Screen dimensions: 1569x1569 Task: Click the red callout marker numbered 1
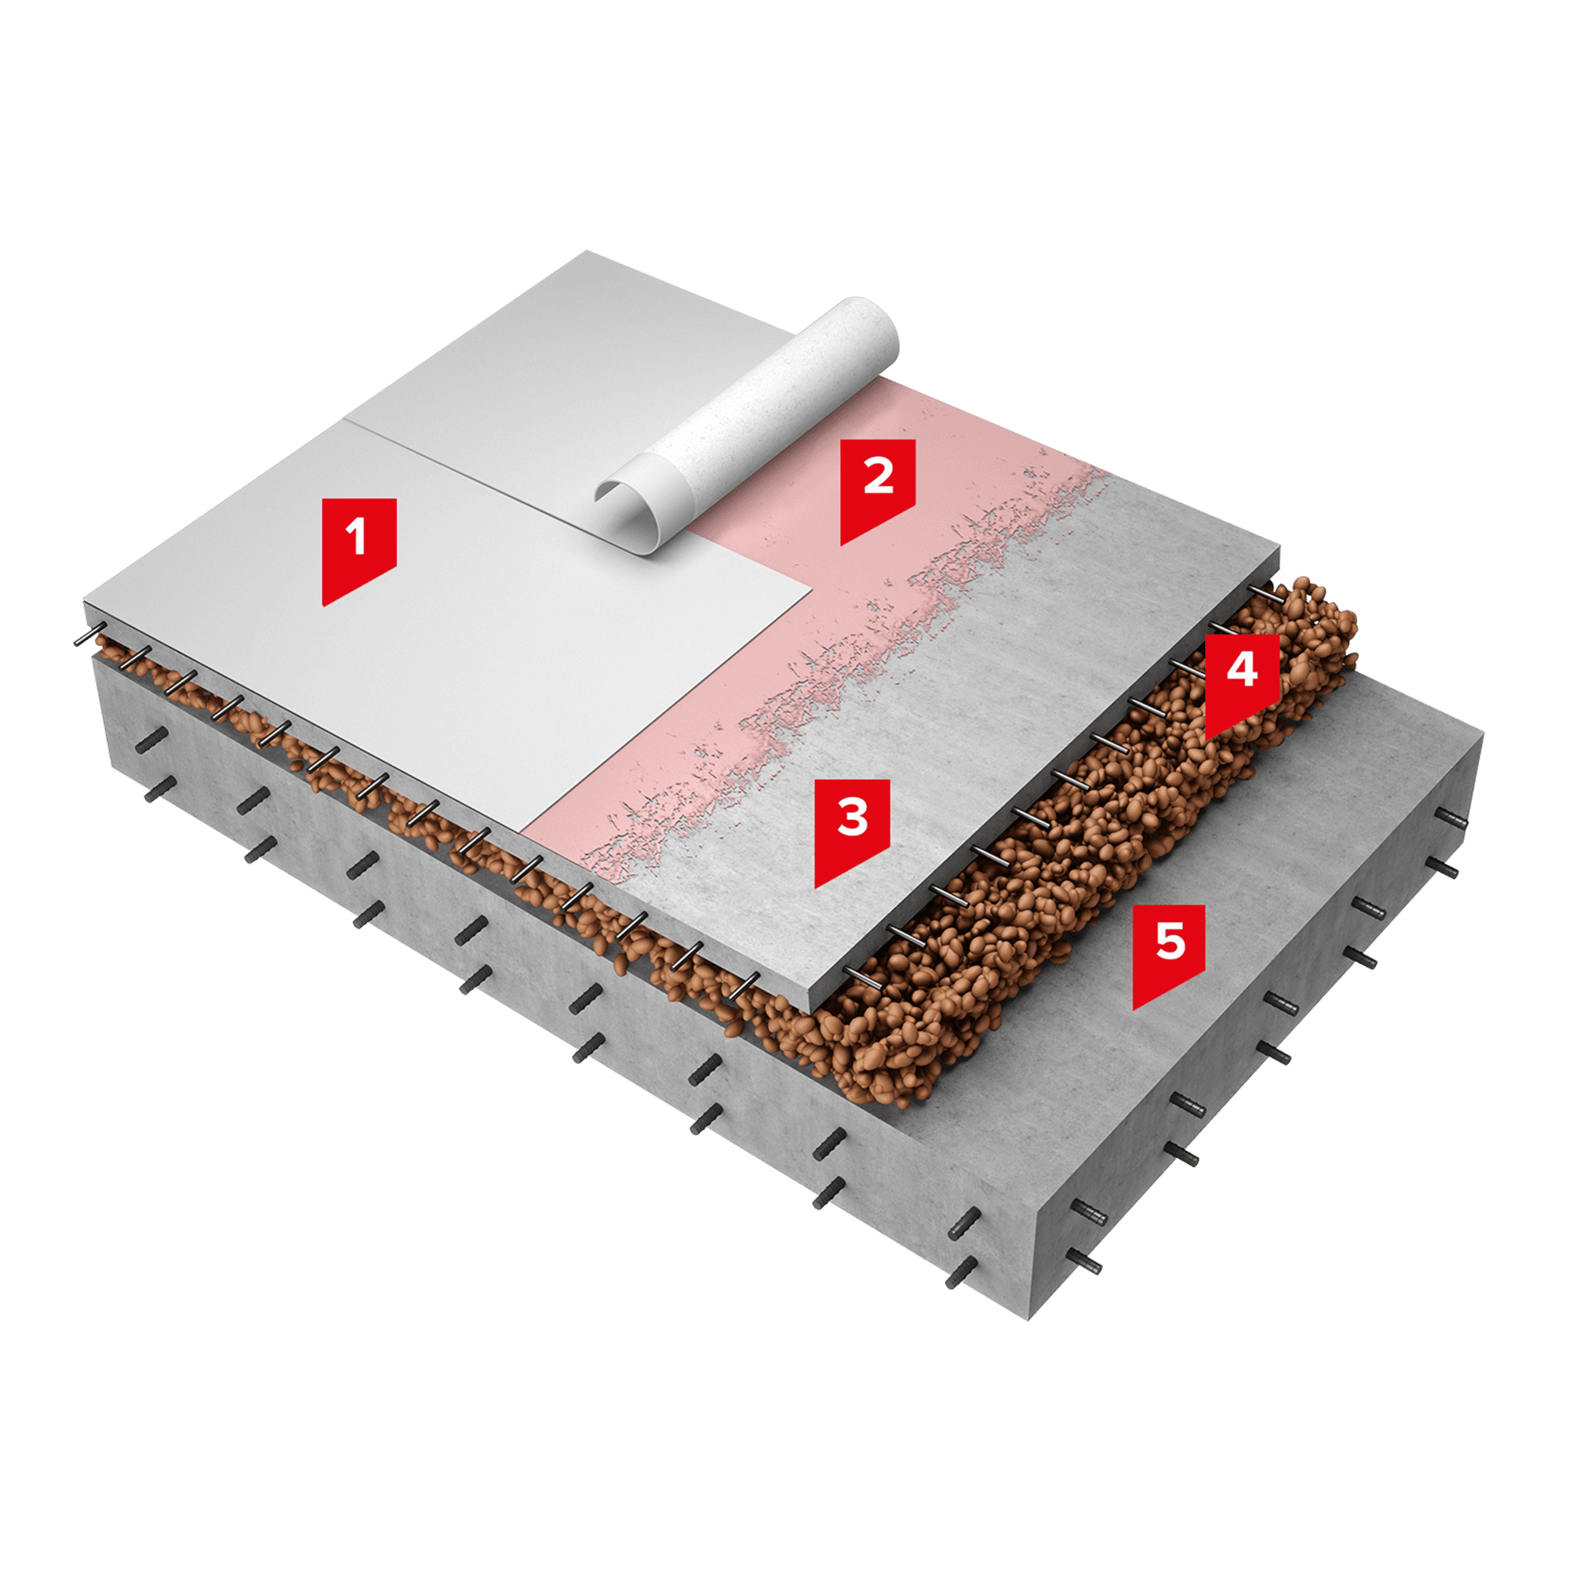click(x=359, y=548)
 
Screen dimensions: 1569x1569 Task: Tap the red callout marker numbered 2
click(x=878, y=487)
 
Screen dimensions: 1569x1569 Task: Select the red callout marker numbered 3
click(x=852, y=828)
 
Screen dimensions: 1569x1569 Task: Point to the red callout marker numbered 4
click(x=1242, y=683)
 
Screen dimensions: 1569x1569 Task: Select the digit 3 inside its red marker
click(x=853, y=817)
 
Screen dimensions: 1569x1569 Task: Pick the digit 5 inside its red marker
click(x=1170, y=941)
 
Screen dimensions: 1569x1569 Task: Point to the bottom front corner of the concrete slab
click(x=1029, y=1319)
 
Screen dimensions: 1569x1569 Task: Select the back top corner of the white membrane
click(x=586, y=251)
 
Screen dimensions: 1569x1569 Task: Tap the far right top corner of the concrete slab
click(x=1483, y=736)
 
